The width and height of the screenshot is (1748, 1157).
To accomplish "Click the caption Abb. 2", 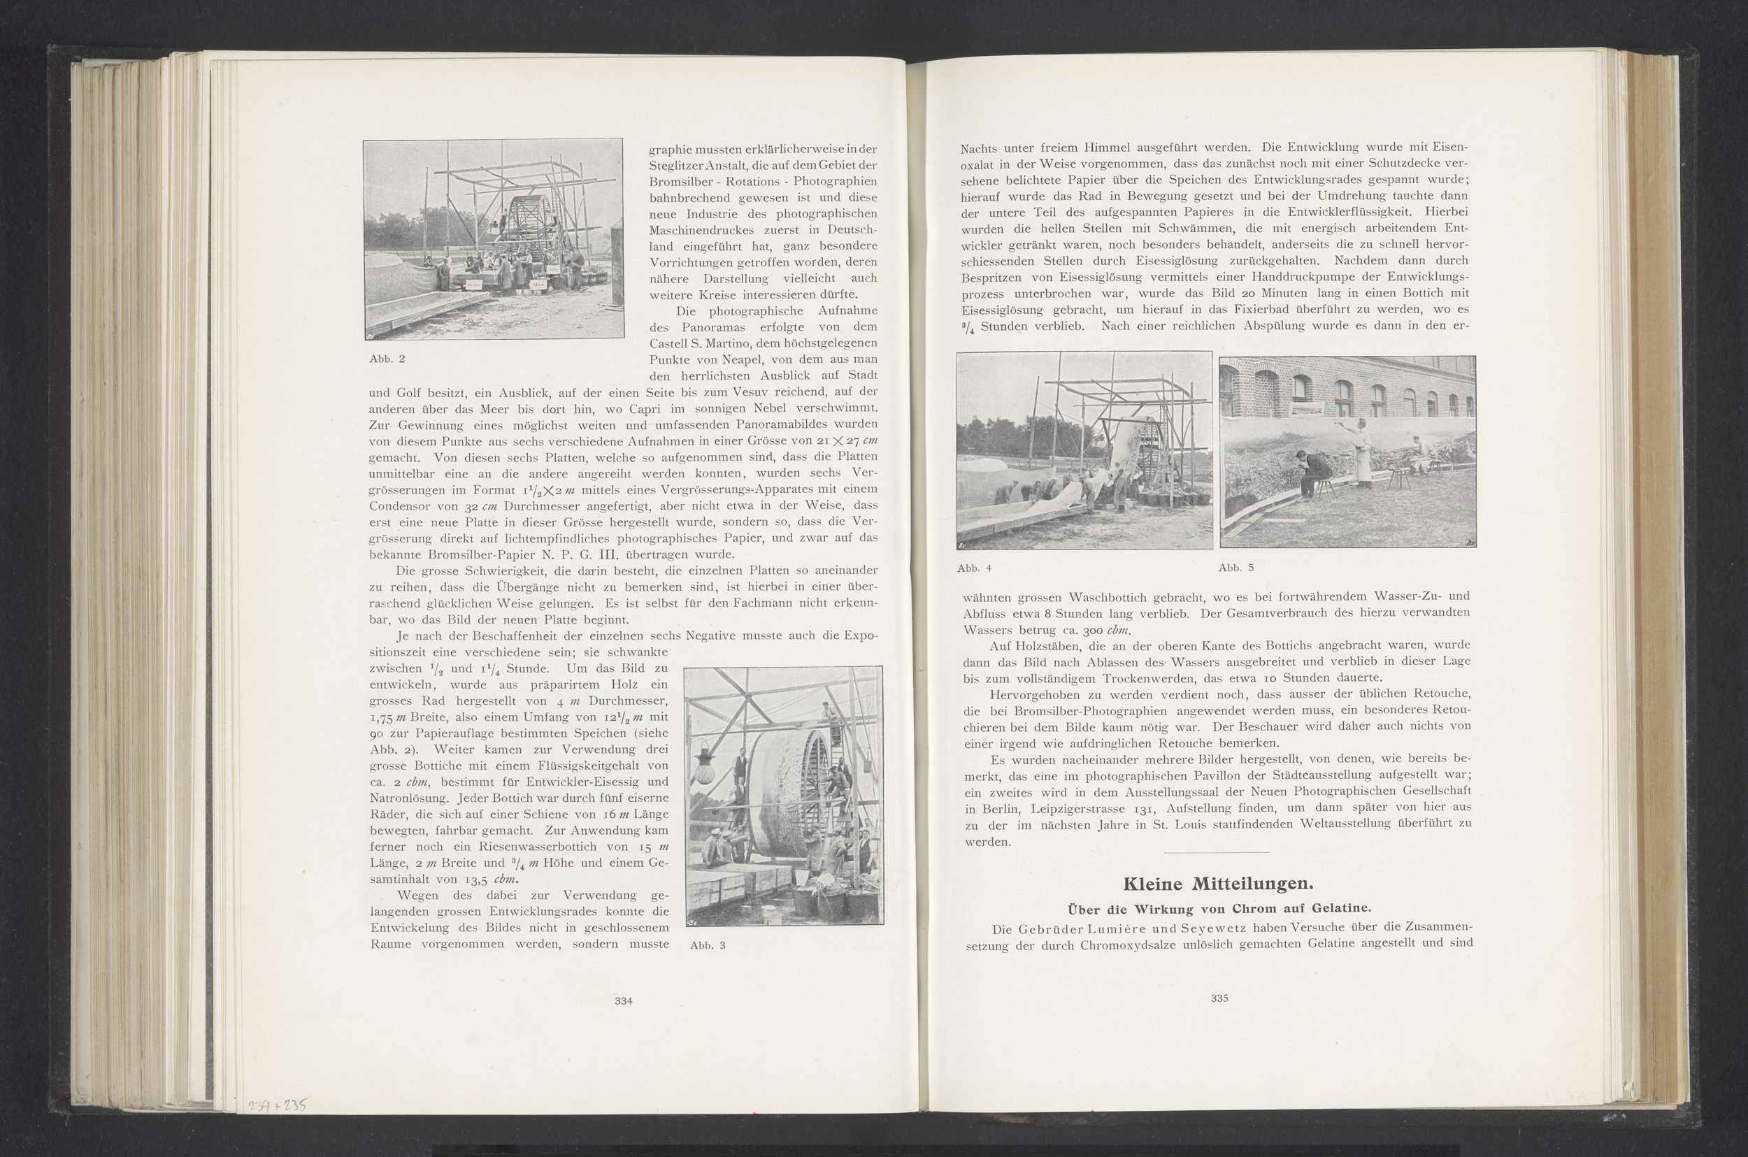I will click(x=387, y=359).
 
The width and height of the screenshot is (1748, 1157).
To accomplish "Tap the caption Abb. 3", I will click(x=708, y=945).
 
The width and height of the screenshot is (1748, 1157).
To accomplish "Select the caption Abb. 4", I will click(x=974, y=568).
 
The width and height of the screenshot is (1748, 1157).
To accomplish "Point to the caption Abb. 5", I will click(x=1236, y=568).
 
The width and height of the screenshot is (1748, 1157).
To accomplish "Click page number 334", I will click(x=624, y=1001).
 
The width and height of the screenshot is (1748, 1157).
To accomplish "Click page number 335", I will click(x=1219, y=998).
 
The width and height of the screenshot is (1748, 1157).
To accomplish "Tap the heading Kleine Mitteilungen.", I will click(x=1218, y=884).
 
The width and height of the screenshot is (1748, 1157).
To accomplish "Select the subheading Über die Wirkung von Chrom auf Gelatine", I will click(x=1218, y=907).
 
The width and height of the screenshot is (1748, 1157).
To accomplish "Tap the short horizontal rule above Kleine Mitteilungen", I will click(x=1216, y=853).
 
